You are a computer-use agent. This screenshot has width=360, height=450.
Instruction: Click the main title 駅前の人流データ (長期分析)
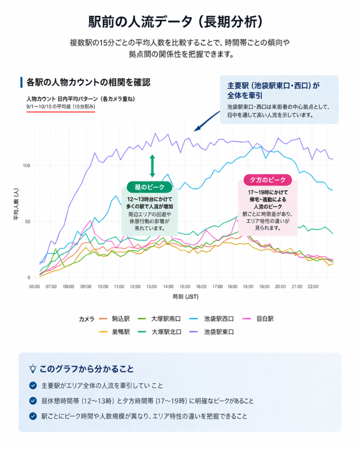point(180,22)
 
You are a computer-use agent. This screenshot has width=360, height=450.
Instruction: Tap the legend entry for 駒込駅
point(116,319)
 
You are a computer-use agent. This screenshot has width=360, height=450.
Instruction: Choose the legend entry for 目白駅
point(264,319)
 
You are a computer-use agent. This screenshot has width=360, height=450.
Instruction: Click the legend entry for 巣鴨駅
point(116,332)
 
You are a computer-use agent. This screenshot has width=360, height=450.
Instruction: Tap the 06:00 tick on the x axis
point(34,287)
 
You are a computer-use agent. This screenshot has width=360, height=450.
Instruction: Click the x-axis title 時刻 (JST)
point(186,297)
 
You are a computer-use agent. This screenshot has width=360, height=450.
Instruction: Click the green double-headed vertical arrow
point(152,166)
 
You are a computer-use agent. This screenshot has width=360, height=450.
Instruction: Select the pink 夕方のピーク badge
point(267,180)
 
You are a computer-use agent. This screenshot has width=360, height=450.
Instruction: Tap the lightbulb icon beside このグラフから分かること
point(33,368)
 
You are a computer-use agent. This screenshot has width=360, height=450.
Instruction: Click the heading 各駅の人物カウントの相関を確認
point(88,82)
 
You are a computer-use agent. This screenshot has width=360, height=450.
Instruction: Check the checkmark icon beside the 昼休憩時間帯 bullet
point(33,401)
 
